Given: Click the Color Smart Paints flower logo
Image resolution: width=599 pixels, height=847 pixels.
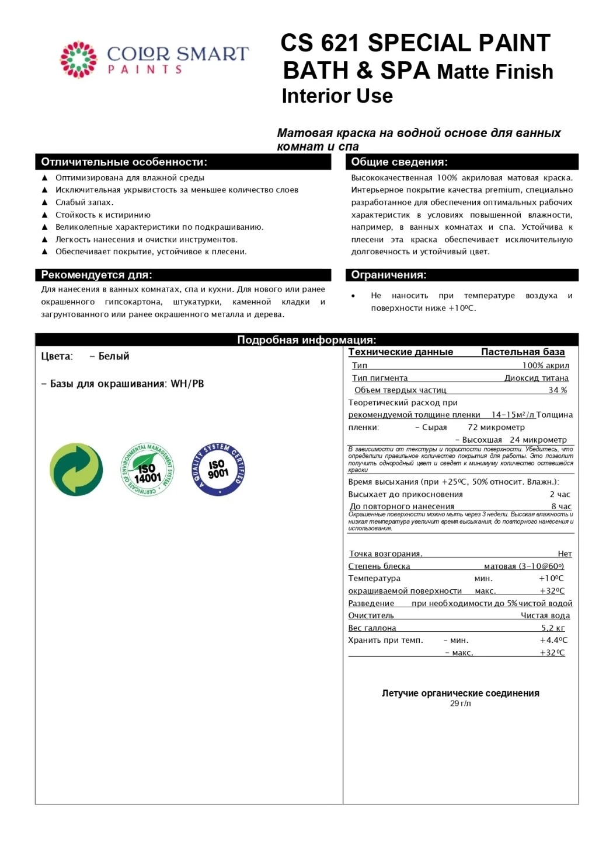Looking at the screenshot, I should click(x=78, y=60).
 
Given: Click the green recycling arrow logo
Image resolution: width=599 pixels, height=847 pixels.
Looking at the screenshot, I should click(x=76, y=470).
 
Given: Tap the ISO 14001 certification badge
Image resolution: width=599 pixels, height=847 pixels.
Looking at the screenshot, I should click(x=147, y=470).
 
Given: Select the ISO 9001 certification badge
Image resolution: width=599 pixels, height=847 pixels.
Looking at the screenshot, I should click(x=218, y=470).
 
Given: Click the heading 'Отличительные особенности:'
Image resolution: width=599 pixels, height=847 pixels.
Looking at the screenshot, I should click(x=124, y=162).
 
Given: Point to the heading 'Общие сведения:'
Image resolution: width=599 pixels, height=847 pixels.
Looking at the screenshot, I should click(x=399, y=162).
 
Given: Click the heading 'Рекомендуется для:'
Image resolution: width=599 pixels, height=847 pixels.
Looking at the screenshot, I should click(x=96, y=275).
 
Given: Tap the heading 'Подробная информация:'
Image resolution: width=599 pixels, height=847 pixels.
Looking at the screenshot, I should click(x=307, y=340).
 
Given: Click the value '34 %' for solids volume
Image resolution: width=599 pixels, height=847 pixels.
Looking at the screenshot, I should click(x=558, y=390).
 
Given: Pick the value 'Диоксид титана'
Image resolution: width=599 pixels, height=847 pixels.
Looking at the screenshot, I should click(x=536, y=378).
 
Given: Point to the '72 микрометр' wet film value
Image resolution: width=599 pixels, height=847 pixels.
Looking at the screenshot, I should click(x=496, y=427).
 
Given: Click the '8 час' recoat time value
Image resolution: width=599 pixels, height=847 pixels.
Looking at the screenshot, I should click(x=561, y=506).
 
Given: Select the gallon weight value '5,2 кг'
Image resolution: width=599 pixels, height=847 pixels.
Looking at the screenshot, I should click(x=553, y=628).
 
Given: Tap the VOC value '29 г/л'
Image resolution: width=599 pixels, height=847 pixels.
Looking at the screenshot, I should click(x=460, y=703).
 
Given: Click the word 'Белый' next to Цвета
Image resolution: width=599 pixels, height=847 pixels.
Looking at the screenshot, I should click(x=114, y=356).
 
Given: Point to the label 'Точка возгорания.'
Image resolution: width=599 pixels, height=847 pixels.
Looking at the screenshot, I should click(x=385, y=554).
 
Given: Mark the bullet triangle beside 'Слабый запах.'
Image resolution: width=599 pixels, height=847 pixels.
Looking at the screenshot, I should click(x=45, y=202).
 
